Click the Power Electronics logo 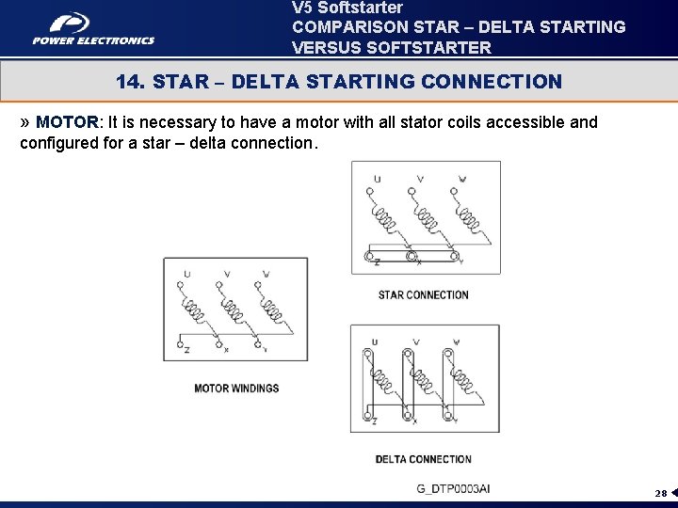(x=93, y=28)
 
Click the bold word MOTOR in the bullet (x=67, y=123)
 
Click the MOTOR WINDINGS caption (x=236, y=388)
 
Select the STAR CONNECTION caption (x=423, y=294)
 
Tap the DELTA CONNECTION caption (x=423, y=459)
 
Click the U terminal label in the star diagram (x=377, y=179)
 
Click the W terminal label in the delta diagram (x=457, y=342)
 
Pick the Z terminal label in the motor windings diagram (x=186, y=349)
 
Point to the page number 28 (x=661, y=493)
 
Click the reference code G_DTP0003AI (x=453, y=488)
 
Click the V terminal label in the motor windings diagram (x=227, y=275)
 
